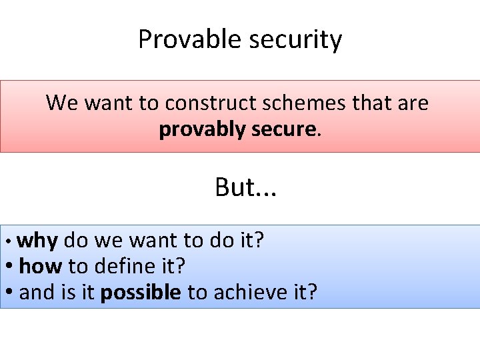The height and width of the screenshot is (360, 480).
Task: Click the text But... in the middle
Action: pos(245,188)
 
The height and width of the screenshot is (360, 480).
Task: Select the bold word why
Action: pos(37,240)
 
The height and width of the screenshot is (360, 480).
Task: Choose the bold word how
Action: pos(41,267)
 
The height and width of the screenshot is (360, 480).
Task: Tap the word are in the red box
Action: pos(413,103)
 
